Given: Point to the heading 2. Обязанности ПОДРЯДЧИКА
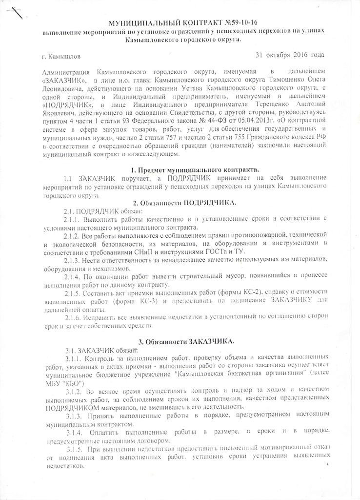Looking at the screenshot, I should pos(181,202).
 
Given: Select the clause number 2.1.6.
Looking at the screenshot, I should pos(73,317).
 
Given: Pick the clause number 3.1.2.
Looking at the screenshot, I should pos(76,391).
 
